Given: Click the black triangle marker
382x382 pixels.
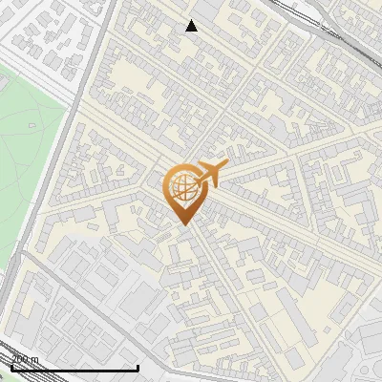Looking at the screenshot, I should point(192,26).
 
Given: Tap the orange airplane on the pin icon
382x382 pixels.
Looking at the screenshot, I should point(207,174).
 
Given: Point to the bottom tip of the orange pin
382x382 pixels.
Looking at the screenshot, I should point(182,224).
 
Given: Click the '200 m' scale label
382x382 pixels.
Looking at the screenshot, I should point(25,359).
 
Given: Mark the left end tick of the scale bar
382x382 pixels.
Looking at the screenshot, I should point(11,367).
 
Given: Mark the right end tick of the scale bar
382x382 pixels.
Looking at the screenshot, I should point(138,367).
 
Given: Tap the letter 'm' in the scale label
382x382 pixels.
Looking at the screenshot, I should point(35,359).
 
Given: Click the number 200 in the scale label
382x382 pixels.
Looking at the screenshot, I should point(20,359).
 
